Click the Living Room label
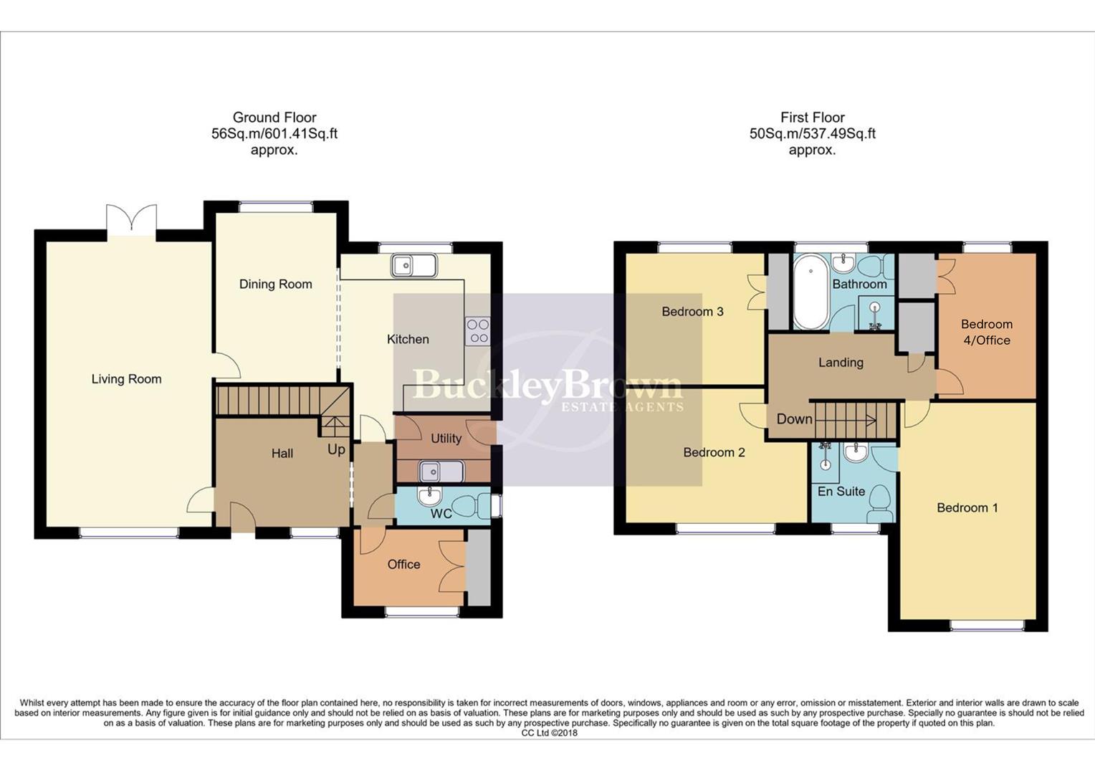click(126, 379)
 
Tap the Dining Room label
click(275, 284)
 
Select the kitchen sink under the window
click(413, 266)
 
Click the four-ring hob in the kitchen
click(477, 331)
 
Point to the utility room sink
click(441, 472)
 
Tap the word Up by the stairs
click(336, 449)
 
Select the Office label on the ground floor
click(403, 564)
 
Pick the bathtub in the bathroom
click(811, 293)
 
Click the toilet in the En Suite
click(879, 504)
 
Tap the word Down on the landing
click(795, 419)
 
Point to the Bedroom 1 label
click(967, 507)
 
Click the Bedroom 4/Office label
click(987, 332)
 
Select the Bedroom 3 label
click(692, 311)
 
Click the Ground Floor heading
click(274, 118)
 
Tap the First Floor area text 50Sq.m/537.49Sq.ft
click(812, 134)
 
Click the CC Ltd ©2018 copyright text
click(548, 733)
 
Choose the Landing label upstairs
click(841, 363)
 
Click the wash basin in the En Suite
click(855, 453)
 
